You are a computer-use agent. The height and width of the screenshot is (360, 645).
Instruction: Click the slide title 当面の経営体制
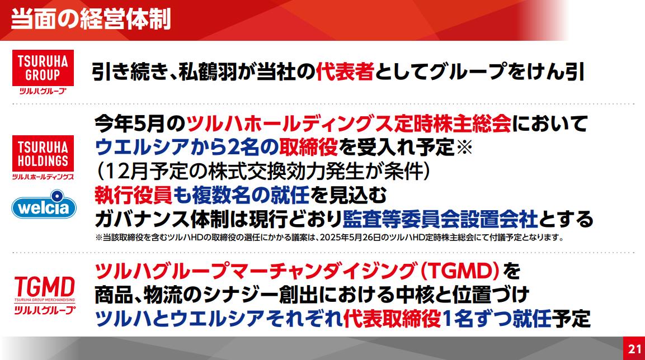coord(91,19)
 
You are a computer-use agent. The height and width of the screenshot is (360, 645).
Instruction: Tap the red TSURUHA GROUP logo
coord(43,72)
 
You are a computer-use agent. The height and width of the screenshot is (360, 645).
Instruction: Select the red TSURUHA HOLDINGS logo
coord(43,158)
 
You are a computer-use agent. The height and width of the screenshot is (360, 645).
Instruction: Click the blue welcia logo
coord(44,204)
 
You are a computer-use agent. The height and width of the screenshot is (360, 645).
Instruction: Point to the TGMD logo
coord(44,295)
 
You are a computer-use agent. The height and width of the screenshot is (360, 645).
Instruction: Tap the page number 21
coord(634,349)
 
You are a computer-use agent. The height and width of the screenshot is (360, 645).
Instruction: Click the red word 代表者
coord(345,71)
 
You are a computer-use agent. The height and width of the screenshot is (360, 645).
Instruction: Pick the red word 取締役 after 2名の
coord(308,147)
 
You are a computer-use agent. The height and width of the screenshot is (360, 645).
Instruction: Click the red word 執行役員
coord(133,195)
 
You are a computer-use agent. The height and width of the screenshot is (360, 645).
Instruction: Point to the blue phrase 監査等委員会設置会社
coord(440,219)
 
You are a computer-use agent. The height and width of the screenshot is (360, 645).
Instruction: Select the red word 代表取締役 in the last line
coord(392,319)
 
